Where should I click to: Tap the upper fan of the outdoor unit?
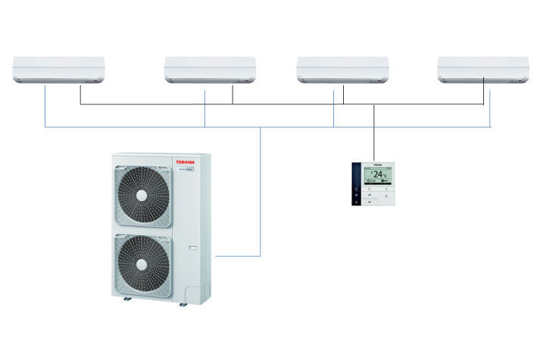pos(142,195)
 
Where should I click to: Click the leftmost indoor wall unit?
pos(58,69)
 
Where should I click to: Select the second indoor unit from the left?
pos(210,69)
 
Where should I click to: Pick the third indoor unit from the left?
pos(342,69)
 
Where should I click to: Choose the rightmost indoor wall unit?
pos(483,69)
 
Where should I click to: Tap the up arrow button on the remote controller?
pos(369,194)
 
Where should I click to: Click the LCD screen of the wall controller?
pos(377,176)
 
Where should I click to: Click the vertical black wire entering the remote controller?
pos(374,136)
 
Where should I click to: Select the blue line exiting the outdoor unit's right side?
pos(239,256)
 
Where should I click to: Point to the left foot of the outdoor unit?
pos(127,299)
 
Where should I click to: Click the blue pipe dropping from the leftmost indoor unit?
pos(45,106)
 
